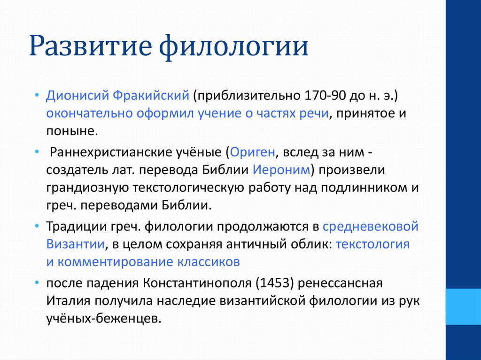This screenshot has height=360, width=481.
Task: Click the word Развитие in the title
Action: click(91, 46)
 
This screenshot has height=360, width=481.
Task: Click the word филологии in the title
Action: click(234, 46)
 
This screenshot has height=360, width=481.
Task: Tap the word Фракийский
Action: click(151, 96)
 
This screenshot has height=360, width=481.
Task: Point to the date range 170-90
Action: click(325, 96)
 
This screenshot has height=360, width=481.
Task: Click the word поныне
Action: click(72, 131)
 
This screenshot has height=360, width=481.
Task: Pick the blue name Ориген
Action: click(252, 153)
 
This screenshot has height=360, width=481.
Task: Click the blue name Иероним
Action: click(281, 170)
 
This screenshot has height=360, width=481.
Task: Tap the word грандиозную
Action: click(87, 188)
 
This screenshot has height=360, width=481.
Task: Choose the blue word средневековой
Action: click(371, 227)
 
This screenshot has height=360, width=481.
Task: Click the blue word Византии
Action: click(76, 244)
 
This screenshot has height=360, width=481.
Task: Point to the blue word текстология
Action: click(372, 245)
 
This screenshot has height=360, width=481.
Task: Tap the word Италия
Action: click(68, 301)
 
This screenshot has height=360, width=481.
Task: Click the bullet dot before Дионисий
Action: click(37, 95)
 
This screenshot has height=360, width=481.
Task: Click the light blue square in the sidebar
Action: click(463, 306)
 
